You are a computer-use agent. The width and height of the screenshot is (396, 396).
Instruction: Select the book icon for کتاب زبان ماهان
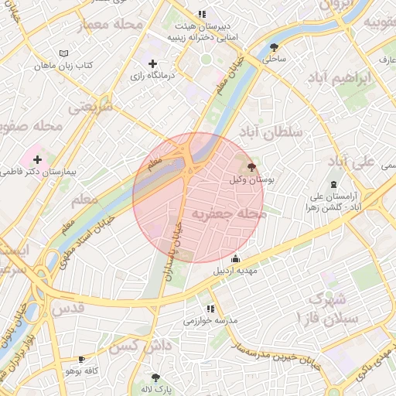pos(63,53)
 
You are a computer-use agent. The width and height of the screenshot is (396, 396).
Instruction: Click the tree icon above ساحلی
pos(274,46)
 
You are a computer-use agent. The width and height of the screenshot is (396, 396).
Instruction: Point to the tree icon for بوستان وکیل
pos(251,166)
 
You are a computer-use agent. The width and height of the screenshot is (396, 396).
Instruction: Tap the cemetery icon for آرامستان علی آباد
pos(333,184)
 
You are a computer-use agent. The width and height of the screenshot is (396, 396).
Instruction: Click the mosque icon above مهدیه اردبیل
pos(236,259)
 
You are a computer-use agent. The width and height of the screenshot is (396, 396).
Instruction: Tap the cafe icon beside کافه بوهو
pos(81,359)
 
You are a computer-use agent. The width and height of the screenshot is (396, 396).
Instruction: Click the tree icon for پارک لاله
pos(155,377)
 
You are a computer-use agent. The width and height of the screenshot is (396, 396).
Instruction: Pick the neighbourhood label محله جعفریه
pos(228,213)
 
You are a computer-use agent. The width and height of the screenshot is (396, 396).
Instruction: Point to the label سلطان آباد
pos(272,132)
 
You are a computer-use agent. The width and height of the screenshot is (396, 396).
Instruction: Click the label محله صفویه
pos(30,125)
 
